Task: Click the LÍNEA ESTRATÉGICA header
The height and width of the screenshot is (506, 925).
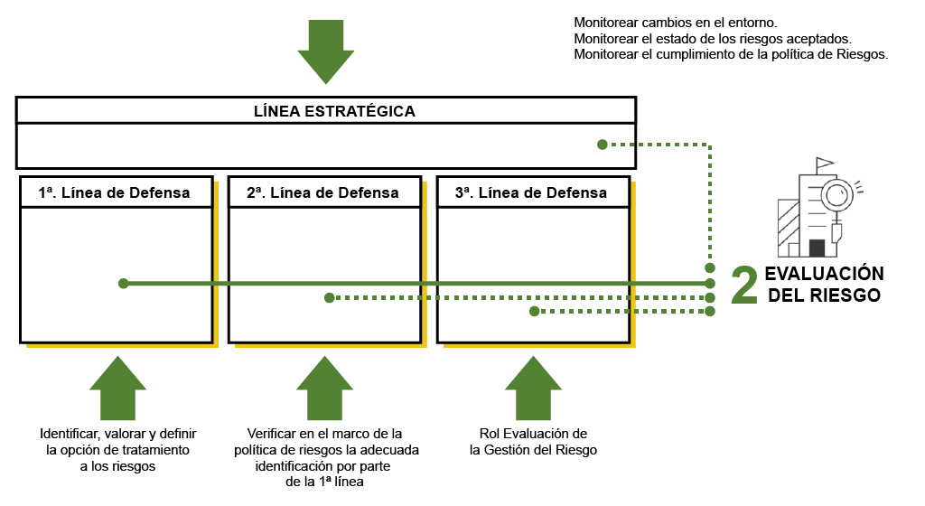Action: tap(334, 111)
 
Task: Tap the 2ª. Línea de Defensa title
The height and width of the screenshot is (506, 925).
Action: tap(322, 192)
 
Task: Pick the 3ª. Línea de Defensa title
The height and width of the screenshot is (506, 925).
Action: tap(531, 192)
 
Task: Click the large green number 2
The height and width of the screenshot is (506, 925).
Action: tap(743, 285)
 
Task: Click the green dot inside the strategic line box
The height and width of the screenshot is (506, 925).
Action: tap(601, 144)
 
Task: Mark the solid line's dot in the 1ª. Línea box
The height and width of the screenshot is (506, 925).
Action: tap(124, 284)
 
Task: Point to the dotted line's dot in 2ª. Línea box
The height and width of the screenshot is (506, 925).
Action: tap(330, 297)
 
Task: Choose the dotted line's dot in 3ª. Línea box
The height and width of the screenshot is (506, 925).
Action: tap(535, 312)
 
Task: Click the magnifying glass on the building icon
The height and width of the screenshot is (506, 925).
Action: tap(837, 192)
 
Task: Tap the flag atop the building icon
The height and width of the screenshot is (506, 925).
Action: tap(824, 165)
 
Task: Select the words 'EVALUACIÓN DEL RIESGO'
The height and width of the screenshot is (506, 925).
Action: tap(823, 285)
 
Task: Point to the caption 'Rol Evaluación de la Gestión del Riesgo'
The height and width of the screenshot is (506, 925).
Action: tap(533, 441)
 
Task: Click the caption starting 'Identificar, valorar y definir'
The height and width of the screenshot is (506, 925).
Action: tap(117, 449)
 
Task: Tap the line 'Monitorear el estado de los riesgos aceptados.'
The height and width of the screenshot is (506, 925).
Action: tap(713, 38)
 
